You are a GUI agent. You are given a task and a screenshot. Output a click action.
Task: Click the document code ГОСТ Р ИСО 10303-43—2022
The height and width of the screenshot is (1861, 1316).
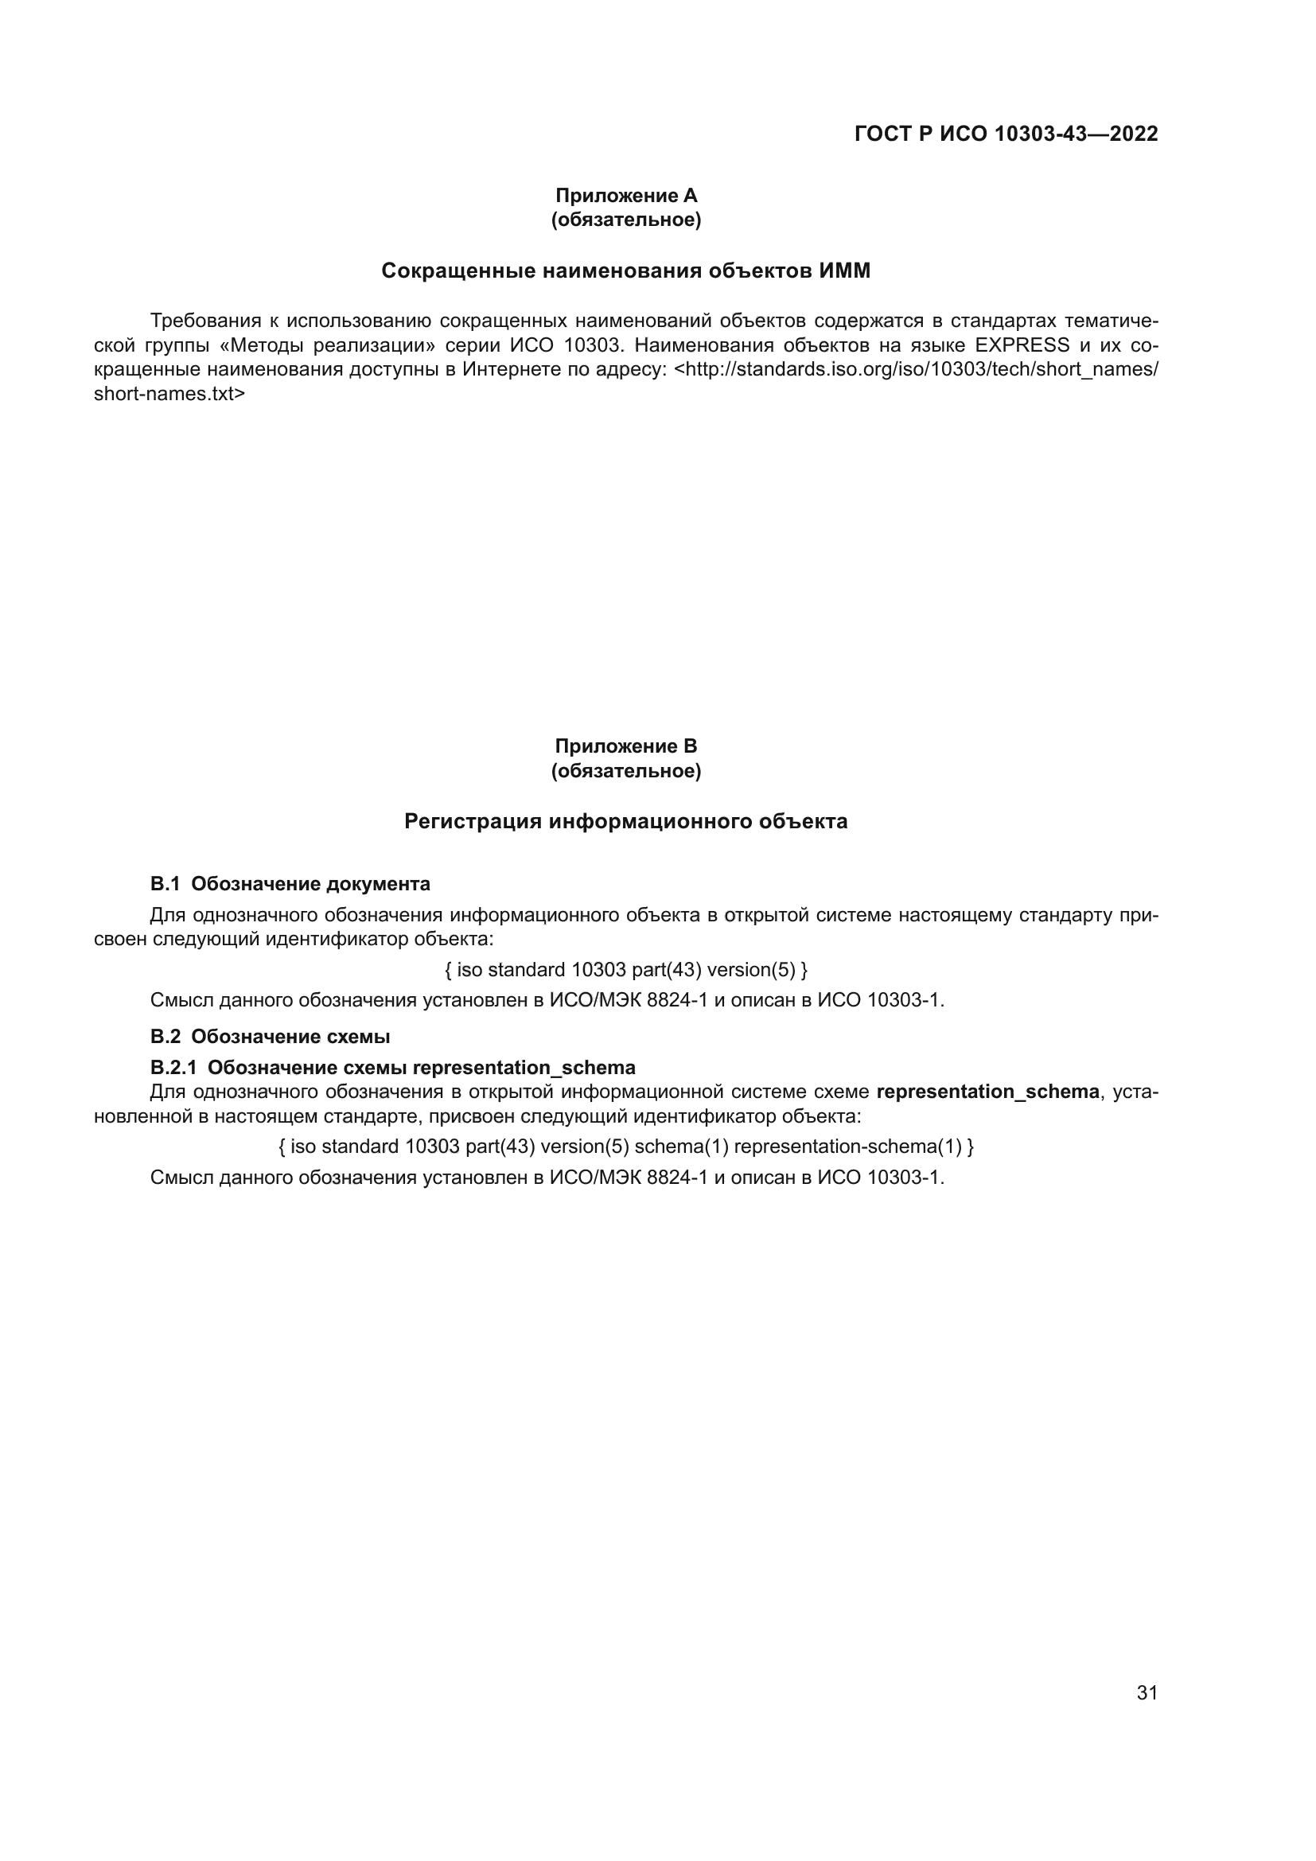pyautogui.click(x=1006, y=134)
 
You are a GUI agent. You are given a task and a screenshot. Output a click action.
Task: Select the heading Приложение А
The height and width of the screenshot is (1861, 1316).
pyautogui.click(x=625, y=196)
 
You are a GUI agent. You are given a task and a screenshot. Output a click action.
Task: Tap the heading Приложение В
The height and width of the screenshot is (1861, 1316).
pyautogui.click(x=625, y=746)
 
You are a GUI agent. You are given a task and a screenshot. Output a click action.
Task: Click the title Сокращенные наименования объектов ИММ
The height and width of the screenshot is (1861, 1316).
pyautogui.click(x=625, y=271)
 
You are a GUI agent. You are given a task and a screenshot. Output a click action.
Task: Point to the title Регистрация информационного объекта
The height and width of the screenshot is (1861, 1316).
pyautogui.click(x=625, y=821)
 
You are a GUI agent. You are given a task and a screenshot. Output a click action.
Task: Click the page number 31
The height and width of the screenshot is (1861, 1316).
pyautogui.click(x=1147, y=1692)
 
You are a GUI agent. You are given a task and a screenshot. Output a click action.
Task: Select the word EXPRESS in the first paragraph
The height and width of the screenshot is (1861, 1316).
pyautogui.click(x=1022, y=345)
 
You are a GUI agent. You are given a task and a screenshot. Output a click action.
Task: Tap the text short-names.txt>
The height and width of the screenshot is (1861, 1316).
pyautogui.click(x=169, y=394)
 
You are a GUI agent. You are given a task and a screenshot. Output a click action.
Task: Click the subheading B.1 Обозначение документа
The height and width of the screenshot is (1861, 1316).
pyautogui.click(x=290, y=883)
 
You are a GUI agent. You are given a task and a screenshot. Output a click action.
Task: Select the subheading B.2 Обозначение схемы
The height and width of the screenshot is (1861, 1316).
pyautogui.click(x=270, y=1037)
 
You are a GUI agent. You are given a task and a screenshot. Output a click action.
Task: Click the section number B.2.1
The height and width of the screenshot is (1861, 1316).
pyautogui.click(x=173, y=1068)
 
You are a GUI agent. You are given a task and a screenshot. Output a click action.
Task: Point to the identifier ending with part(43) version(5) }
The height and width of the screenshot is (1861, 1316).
pyautogui.click(x=625, y=969)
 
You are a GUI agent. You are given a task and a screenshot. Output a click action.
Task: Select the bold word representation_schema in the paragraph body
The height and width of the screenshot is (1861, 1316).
pyautogui.click(x=987, y=1092)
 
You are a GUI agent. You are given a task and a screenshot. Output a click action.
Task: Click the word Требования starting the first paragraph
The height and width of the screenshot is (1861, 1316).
pyautogui.click(x=206, y=321)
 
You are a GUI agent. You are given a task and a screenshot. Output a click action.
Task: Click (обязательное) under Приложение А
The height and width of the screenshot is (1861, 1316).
pyautogui.click(x=625, y=220)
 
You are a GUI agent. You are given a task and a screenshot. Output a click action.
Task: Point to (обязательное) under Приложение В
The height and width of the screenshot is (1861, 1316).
pyautogui.click(x=625, y=771)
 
